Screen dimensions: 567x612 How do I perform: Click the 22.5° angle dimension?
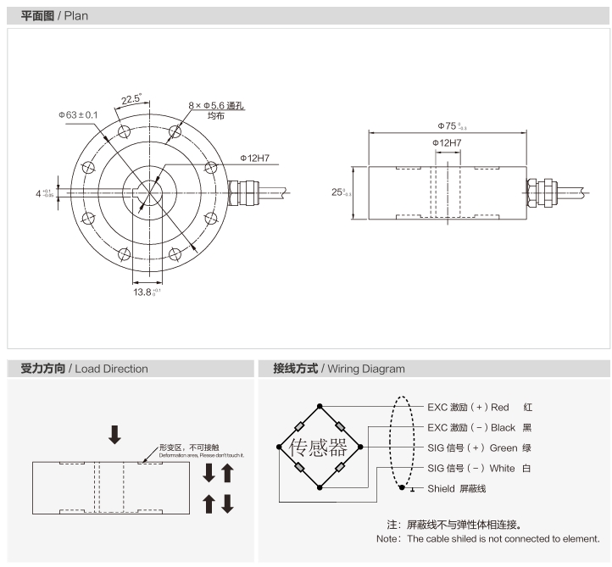pyautogui.click(x=131, y=98)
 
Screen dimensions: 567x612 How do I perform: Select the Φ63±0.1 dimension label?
pyautogui.click(x=78, y=114)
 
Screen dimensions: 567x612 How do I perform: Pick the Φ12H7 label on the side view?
pyautogui.click(x=447, y=143)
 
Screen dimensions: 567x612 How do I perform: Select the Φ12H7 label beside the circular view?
pyautogui.click(x=254, y=158)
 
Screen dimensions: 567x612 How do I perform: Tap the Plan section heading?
pyautogui.click(x=54, y=16)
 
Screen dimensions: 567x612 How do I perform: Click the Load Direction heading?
pyautogui.click(x=84, y=369)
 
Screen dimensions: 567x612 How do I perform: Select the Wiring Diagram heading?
pyautogui.click(x=339, y=369)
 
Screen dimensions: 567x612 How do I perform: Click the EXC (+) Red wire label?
pyautogui.click(x=479, y=407)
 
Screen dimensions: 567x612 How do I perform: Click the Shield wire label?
pyautogui.click(x=456, y=488)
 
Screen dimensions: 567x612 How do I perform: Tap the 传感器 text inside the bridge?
pyautogui.click(x=320, y=447)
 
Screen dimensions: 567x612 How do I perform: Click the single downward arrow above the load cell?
pyautogui.click(x=114, y=435)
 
